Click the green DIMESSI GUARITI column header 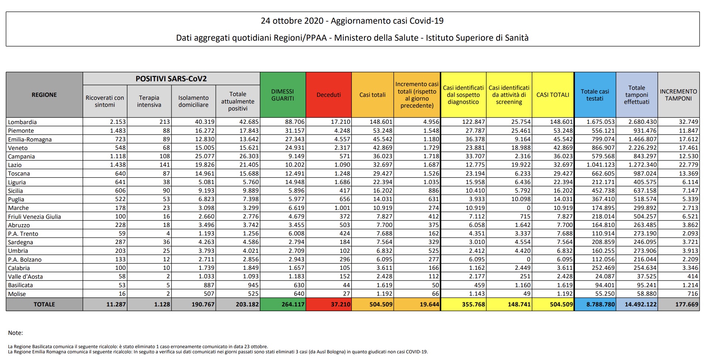pyautogui.click(x=283, y=95)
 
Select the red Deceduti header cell pyautogui.click(x=329, y=95)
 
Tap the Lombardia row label pyautogui.click(x=23, y=122)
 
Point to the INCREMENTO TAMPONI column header pyautogui.click(x=678, y=95)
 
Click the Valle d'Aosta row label pyautogui.click(x=25, y=276)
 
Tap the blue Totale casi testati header pyautogui.click(x=595, y=95)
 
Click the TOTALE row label pyautogui.click(x=44, y=305)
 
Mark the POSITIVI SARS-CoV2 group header pyautogui.click(x=171, y=79)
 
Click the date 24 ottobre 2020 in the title pyautogui.click(x=292, y=21)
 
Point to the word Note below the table pyautogui.click(x=16, y=333)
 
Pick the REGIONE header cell pyautogui.click(x=44, y=95)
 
